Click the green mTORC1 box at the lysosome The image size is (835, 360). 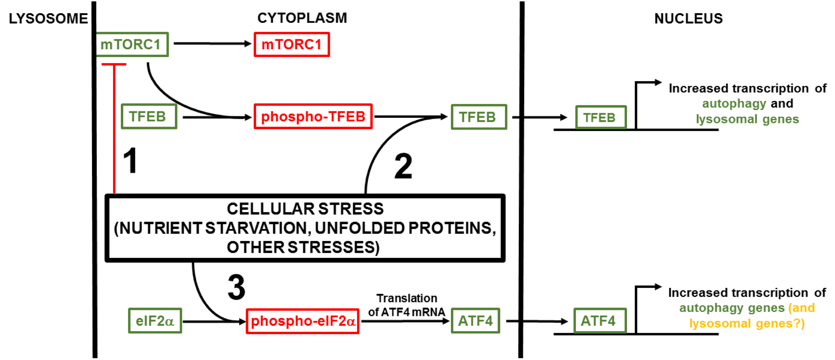(x=131, y=45)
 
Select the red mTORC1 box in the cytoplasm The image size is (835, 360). (x=292, y=45)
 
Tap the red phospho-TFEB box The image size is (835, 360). (x=313, y=116)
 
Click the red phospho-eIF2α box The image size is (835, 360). (x=303, y=321)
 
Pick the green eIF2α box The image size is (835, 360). (x=155, y=321)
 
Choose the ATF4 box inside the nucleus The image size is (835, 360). (x=600, y=321)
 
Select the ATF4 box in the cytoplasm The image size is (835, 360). (x=475, y=321)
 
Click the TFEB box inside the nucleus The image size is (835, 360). (x=600, y=117)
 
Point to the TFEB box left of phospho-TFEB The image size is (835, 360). (x=149, y=116)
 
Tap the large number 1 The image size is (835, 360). (x=130, y=161)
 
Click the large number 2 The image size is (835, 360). (x=403, y=166)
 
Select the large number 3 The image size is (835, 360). (x=236, y=287)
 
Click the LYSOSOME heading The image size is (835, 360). (x=48, y=18)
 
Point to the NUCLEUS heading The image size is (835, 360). (x=688, y=18)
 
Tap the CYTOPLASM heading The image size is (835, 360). (x=302, y=18)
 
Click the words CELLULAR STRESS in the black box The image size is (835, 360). (x=305, y=209)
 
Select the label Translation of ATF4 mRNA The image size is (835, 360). (x=406, y=305)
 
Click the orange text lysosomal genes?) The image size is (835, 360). (x=747, y=323)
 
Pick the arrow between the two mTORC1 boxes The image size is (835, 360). (x=212, y=44)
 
